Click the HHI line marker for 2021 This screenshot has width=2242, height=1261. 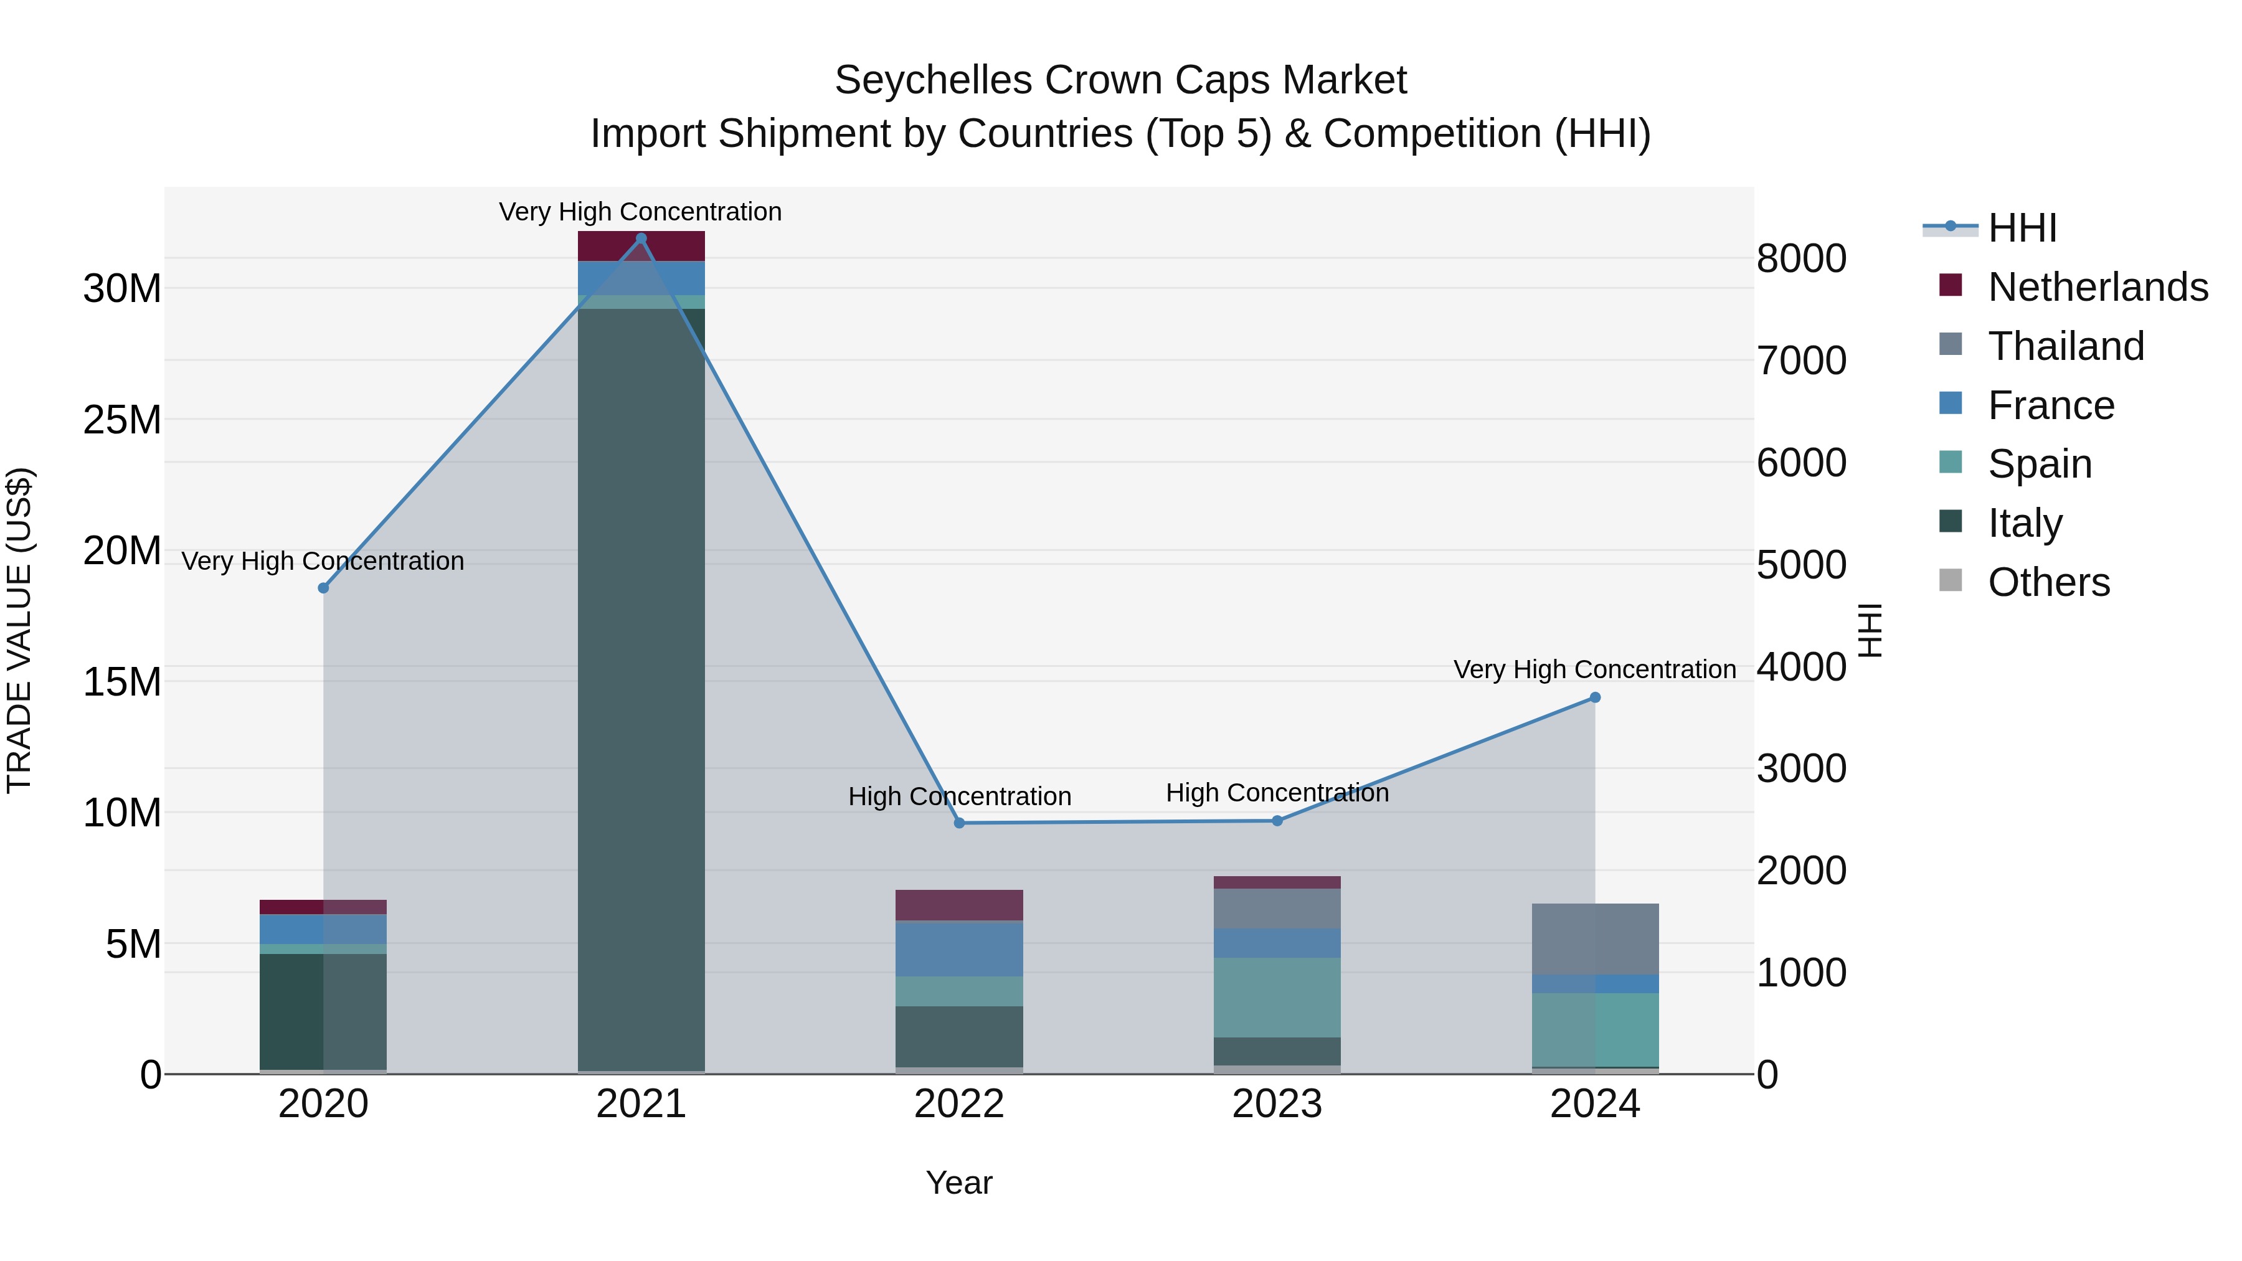tap(641, 238)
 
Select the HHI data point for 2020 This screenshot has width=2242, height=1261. tap(324, 588)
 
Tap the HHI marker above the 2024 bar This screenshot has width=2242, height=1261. tap(1596, 697)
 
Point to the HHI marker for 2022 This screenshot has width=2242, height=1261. tap(959, 823)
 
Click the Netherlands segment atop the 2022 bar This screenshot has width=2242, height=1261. tap(959, 905)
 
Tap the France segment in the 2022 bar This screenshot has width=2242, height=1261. tap(959, 948)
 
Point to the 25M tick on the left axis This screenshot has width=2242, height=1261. tap(122, 420)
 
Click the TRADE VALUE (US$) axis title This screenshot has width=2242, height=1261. tap(19, 630)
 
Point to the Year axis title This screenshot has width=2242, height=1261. tap(959, 1183)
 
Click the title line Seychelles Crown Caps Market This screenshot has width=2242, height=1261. tap(1120, 80)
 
